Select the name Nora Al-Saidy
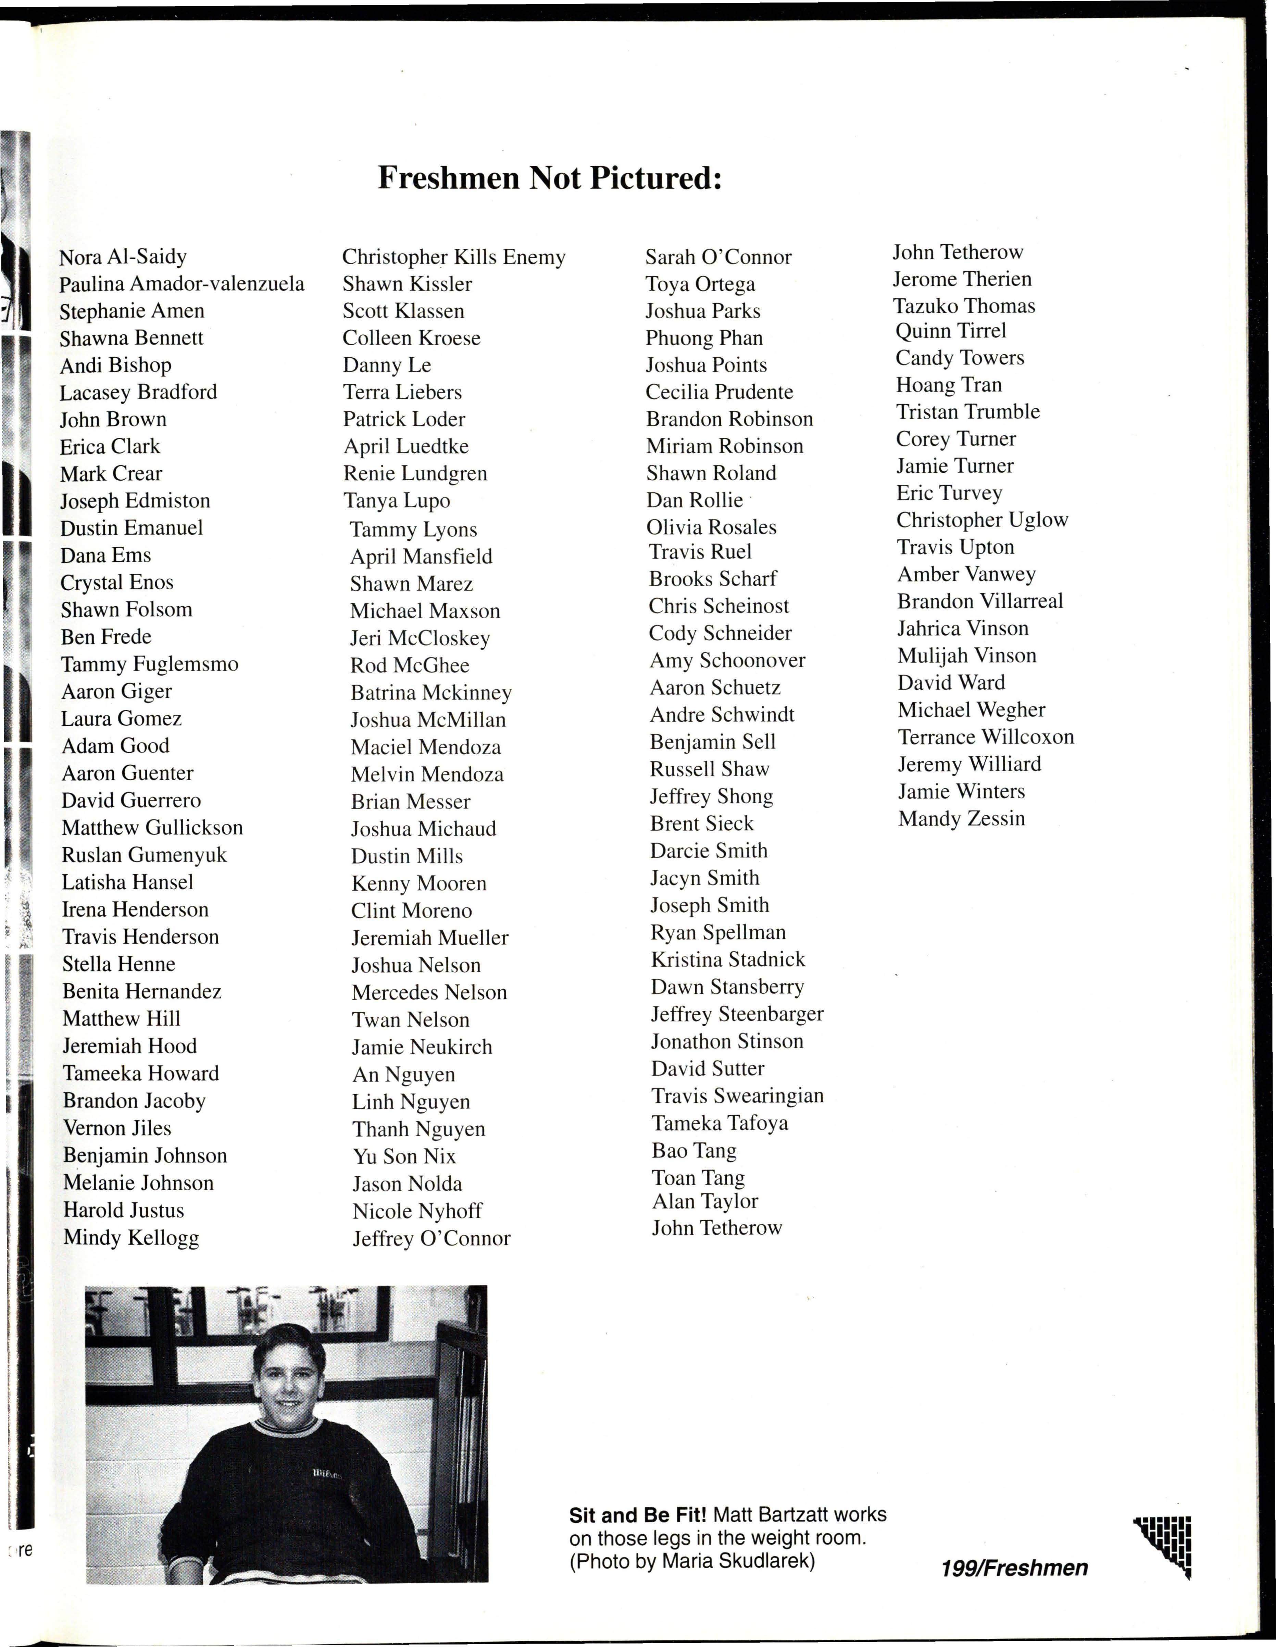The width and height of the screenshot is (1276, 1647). click(123, 257)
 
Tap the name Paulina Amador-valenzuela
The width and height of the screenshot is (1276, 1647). click(182, 284)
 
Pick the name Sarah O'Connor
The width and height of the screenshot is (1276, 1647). click(718, 257)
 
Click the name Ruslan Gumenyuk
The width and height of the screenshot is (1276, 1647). click(144, 855)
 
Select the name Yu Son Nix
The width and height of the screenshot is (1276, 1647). click(404, 1156)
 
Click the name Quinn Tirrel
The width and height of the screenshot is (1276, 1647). click(950, 331)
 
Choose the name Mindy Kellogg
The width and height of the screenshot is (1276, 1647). click(131, 1238)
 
